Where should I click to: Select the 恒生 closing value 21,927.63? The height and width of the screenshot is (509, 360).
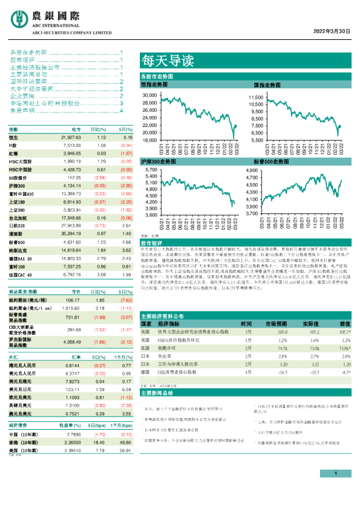(x=71, y=138)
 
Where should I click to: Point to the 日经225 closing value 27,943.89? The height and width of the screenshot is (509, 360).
(x=71, y=224)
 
